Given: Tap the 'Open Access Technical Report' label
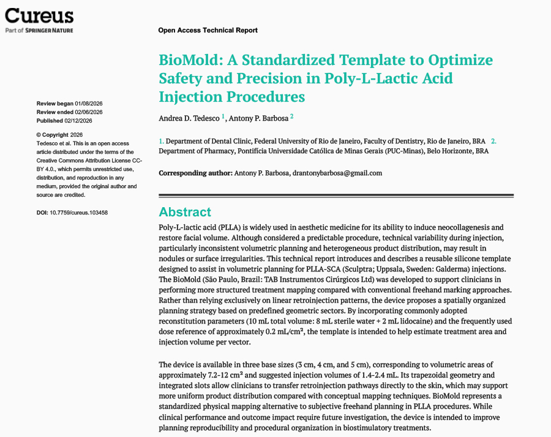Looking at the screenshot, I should click(208, 30).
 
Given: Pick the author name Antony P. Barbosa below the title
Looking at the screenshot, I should click(258, 117).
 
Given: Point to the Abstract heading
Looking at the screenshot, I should click(185, 212).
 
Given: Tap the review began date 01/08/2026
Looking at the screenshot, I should click(88, 104).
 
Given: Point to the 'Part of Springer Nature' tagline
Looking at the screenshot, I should click(39, 30).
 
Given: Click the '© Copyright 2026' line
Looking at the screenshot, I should click(59, 135).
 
